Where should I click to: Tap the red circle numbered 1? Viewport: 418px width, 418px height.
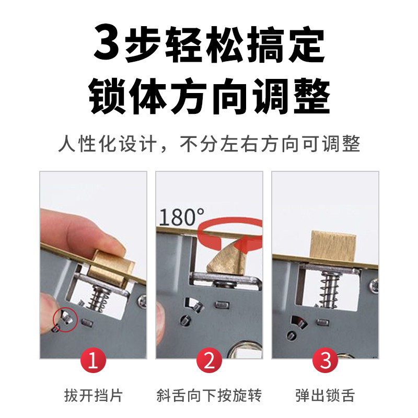point(93,360)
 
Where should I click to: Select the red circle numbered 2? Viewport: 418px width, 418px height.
point(210,360)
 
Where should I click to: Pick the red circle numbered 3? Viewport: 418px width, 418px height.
point(325,360)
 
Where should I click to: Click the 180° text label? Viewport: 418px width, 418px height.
point(182,217)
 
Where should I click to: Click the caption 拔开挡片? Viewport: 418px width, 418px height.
point(94,395)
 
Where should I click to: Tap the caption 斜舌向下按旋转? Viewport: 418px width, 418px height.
point(210,395)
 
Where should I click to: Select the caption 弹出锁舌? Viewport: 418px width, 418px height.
point(325,395)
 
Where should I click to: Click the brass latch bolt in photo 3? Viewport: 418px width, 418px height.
point(333,245)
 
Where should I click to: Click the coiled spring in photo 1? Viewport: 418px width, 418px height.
point(99,298)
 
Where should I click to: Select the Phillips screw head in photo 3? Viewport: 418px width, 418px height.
point(374,286)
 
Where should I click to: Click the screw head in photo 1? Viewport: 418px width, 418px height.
point(142,302)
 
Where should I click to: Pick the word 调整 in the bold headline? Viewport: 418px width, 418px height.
point(291,96)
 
